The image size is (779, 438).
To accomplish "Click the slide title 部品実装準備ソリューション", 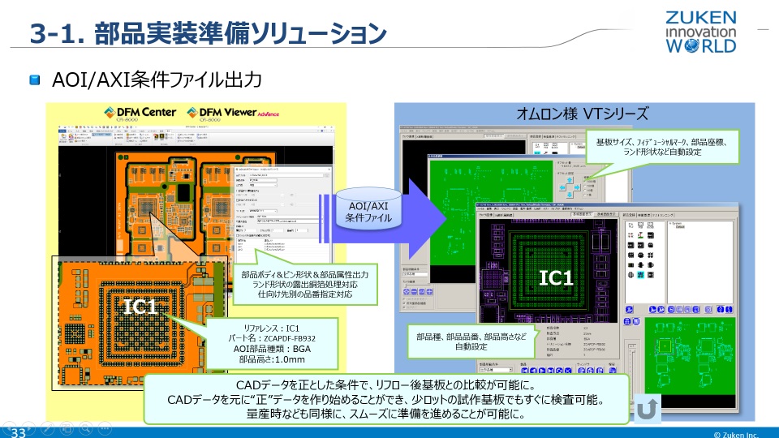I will click(x=208, y=33).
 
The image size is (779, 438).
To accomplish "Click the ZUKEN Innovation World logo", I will click(x=700, y=32).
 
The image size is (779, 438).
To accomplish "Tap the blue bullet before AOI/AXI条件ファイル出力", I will click(x=35, y=80).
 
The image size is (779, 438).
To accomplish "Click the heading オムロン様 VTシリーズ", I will click(x=583, y=114).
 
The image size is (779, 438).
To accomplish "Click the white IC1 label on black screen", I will click(x=557, y=278).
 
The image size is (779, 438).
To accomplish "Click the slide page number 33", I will click(x=19, y=432).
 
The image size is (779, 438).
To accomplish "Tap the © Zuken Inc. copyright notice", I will click(x=735, y=434).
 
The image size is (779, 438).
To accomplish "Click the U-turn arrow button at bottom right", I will click(x=646, y=409).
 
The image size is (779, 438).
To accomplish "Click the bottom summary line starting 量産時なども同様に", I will click(x=385, y=413).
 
